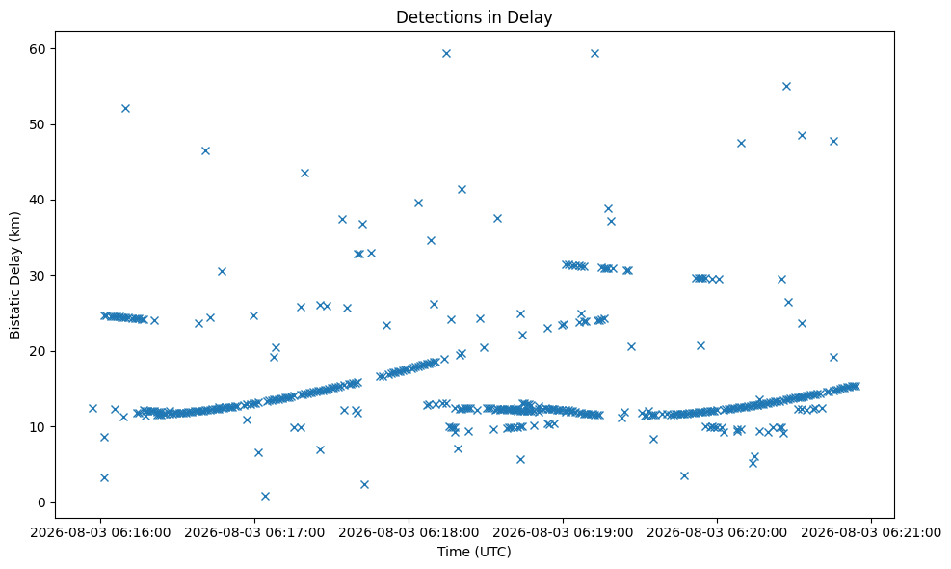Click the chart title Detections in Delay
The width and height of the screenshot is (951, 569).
[x=474, y=17]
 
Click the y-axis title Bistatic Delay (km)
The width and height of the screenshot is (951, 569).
[x=15, y=275]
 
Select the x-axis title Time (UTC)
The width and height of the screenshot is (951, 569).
[x=474, y=552]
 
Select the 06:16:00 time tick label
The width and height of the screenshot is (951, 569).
[x=100, y=532]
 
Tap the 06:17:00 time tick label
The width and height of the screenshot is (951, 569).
[x=254, y=532]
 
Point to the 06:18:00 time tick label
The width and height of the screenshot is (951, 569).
[x=409, y=532]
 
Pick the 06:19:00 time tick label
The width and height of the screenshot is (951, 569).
[x=563, y=532]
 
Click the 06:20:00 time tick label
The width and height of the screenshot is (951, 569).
[x=718, y=532]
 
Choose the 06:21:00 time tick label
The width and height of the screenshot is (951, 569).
[x=872, y=532]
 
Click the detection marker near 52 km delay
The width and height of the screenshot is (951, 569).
[x=125, y=109]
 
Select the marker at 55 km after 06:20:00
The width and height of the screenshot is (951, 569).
[x=786, y=86]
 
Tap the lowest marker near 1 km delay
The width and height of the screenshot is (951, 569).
[x=265, y=496]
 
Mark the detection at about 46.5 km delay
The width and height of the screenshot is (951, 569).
[x=205, y=150]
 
